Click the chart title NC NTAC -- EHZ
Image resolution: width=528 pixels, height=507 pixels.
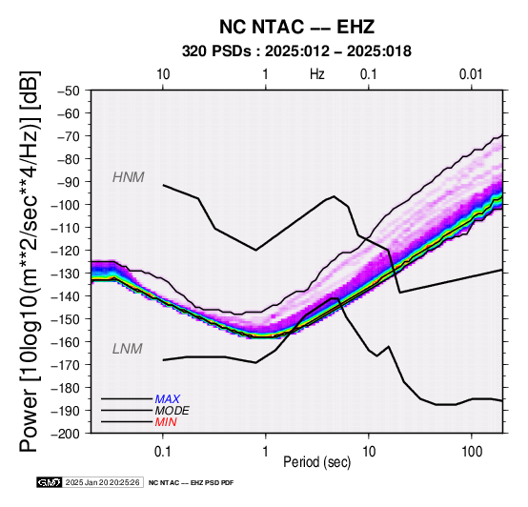[296, 27]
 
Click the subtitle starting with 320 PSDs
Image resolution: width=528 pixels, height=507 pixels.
[296, 51]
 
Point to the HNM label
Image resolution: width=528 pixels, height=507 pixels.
[129, 177]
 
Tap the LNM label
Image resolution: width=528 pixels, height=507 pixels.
[128, 349]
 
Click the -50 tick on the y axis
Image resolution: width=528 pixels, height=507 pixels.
[69, 91]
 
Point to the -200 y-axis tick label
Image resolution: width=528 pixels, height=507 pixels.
[66, 434]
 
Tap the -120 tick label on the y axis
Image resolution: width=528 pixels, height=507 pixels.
[66, 251]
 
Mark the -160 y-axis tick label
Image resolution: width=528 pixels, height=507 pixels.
[66, 342]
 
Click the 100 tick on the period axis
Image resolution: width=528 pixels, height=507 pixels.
[472, 452]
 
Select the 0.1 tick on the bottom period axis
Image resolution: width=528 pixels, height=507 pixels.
[163, 452]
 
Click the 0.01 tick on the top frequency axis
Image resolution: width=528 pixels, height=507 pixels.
[472, 74]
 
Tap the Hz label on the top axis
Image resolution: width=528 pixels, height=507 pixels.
[317, 74]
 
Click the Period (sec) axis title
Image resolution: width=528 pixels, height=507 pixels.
[317, 462]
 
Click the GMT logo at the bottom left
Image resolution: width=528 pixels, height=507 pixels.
[50, 482]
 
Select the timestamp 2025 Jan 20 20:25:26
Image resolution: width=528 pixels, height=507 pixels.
[102, 482]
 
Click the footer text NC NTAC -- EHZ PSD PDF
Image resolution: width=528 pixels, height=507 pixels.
[191, 483]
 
